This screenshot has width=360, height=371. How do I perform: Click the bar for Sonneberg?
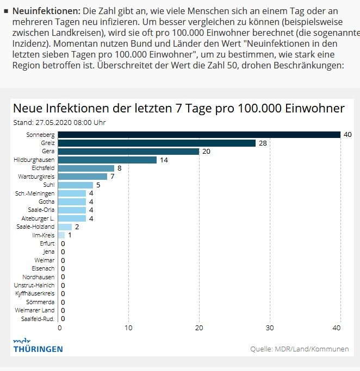coord(199,135)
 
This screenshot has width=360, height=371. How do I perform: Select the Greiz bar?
coord(157,143)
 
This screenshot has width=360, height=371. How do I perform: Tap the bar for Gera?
coord(129,152)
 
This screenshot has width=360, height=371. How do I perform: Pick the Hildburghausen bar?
coord(108,160)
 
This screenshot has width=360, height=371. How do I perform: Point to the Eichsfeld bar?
coord(86,168)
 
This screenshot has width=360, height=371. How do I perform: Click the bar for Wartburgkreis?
coord(83,177)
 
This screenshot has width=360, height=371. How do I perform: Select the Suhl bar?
coord(76,185)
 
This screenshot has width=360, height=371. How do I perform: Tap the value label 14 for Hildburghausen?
coord(164,160)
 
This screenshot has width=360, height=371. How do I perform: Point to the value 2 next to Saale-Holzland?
coord(77,227)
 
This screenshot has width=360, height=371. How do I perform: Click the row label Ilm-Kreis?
coord(44,235)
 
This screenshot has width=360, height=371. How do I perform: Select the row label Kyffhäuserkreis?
coord(35,293)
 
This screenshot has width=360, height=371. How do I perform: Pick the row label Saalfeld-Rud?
coord(38,318)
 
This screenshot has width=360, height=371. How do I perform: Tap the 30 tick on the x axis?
coord(270,328)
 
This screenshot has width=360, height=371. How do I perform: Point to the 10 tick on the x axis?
coord(129,328)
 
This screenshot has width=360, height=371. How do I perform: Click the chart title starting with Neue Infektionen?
coord(178,108)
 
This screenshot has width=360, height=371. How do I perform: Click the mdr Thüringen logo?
coord(38,345)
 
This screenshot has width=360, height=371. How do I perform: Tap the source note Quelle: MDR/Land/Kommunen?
coord(299,349)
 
